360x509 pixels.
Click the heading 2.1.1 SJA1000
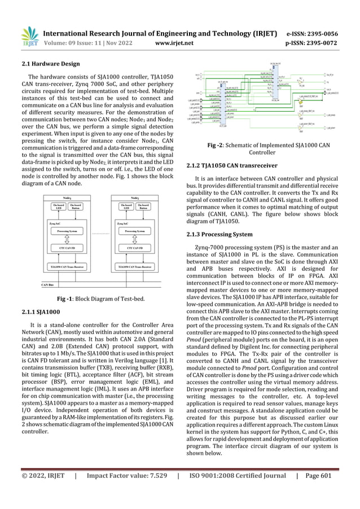pyautogui.click(x=41, y=311)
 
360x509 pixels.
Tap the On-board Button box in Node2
pyautogui.click(x=148, y=207)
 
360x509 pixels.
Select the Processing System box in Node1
pyautogui.click(x=71, y=231)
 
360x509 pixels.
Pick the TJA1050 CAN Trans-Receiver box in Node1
pyautogui.click(x=71, y=266)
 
